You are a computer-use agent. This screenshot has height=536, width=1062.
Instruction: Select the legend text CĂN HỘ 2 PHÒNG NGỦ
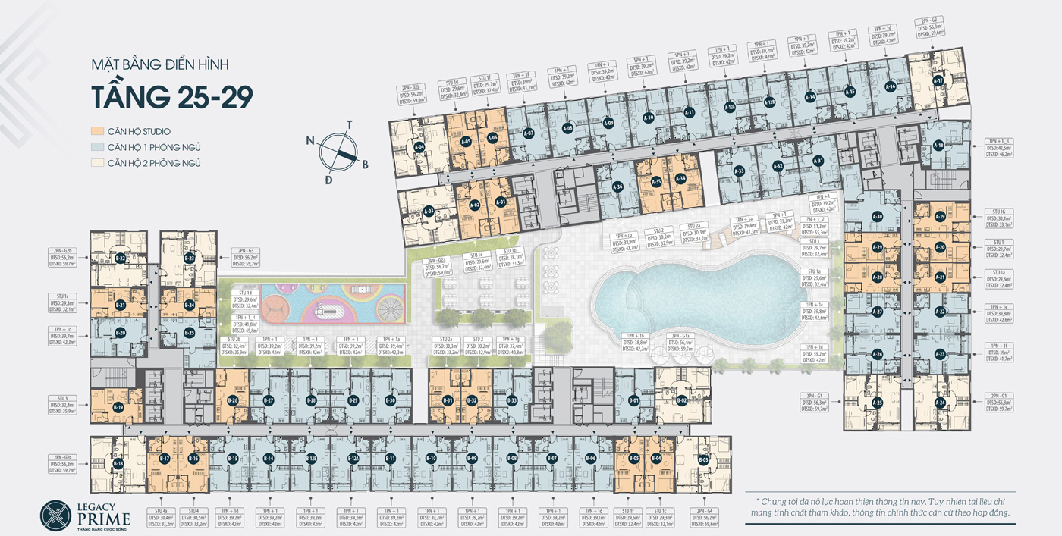155,163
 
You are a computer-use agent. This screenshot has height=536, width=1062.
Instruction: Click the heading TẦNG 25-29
171,98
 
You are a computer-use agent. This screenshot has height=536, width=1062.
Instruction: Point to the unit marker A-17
938,81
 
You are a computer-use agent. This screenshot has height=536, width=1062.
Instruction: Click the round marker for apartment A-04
419,147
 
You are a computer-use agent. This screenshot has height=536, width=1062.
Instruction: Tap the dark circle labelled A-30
878,218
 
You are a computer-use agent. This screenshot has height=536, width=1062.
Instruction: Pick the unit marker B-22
121,259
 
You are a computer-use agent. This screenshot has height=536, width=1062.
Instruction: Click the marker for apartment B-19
118,407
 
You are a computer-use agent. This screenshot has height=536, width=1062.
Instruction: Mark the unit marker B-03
703,459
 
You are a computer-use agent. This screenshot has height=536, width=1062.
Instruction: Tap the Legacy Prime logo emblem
55,517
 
